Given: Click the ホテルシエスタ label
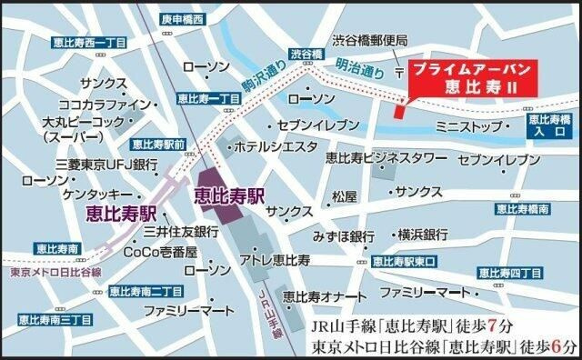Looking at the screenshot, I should pos(276,145).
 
